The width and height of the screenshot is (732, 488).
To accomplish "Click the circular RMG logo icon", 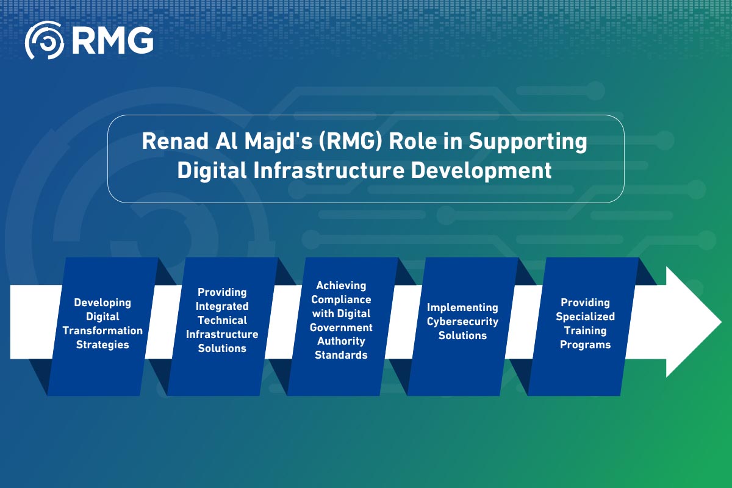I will [x=45, y=40].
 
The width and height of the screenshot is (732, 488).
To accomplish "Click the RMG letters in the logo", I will [x=112, y=40].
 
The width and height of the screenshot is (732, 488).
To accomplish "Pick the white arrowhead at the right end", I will [x=692, y=321].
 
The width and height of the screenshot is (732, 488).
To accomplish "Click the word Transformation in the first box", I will [x=102, y=331].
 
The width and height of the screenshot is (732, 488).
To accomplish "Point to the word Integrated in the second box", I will [x=222, y=306].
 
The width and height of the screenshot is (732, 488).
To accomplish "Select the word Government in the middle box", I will [x=342, y=328].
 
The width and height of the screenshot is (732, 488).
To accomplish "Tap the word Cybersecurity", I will [x=462, y=321].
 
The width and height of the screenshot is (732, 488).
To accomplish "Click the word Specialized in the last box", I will [x=585, y=317].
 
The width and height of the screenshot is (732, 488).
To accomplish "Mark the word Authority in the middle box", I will [x=342, y=341].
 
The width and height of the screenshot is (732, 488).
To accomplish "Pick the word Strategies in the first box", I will [x=102, y=345].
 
